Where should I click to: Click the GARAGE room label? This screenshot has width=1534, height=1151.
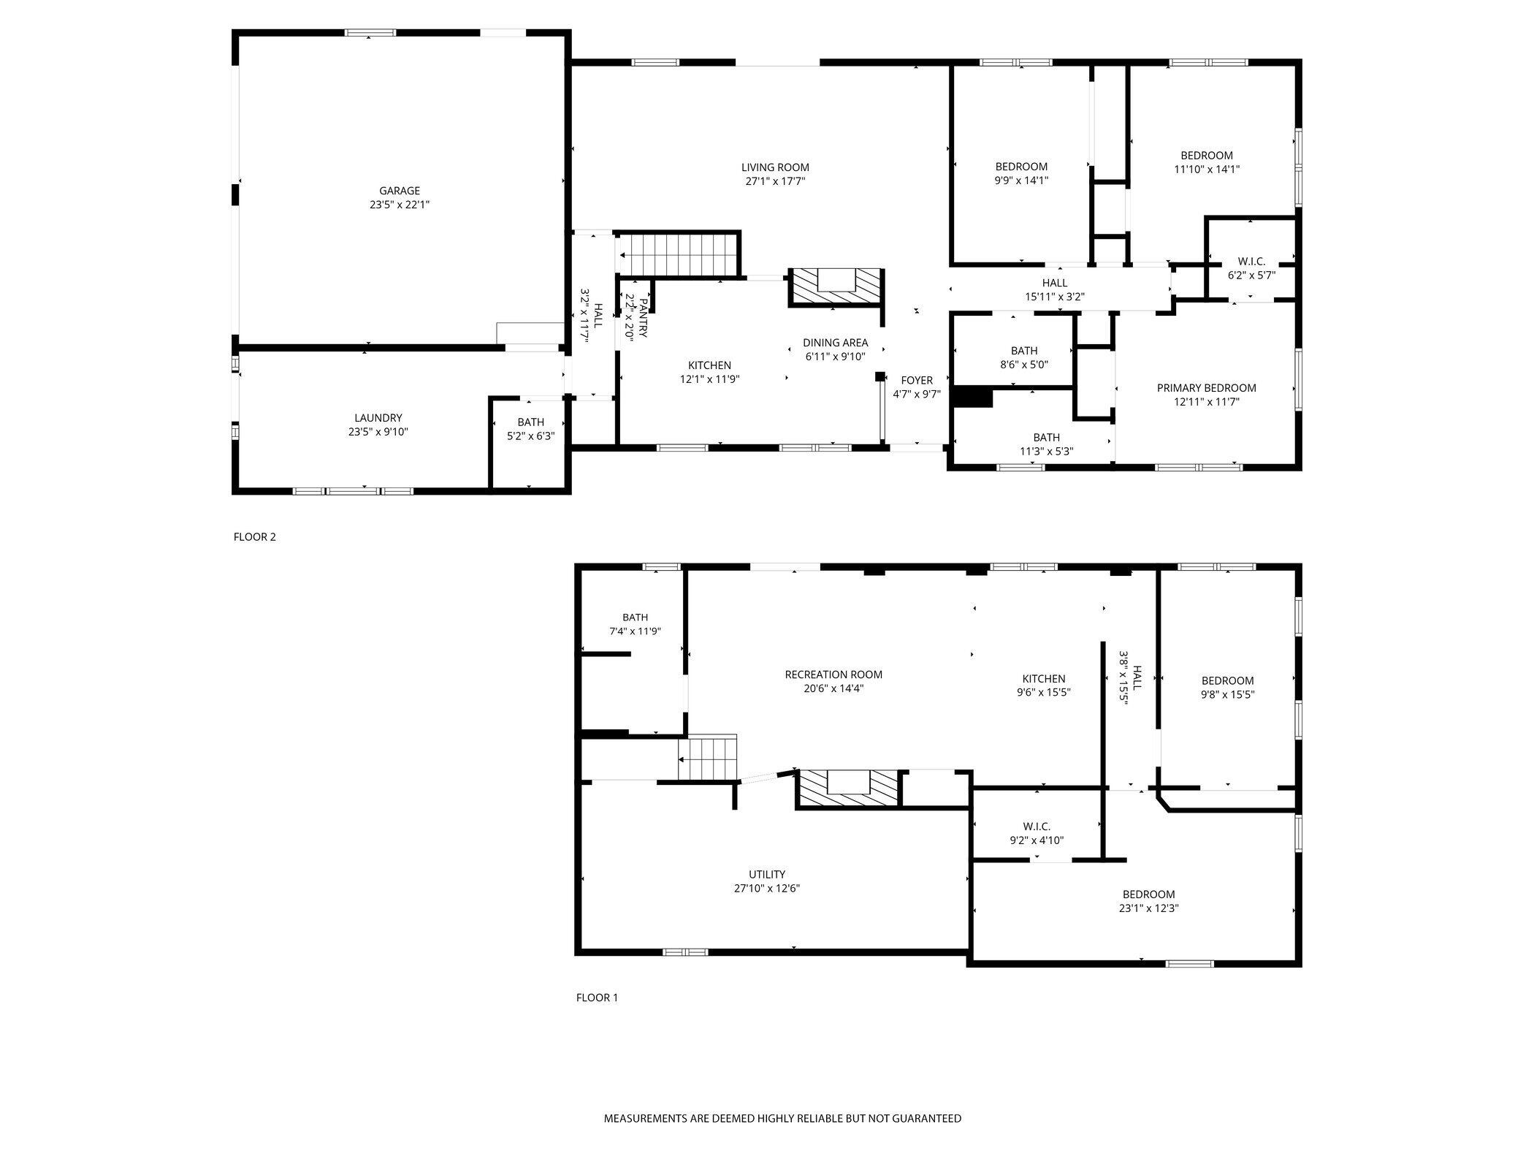(399, 191)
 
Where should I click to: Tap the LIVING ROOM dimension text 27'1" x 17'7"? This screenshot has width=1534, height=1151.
(775, 181)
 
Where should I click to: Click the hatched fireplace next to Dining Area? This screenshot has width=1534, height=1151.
(836, 287)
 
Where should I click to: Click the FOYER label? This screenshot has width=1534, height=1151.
(916, 380)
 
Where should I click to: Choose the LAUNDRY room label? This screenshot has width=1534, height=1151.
(378, 418)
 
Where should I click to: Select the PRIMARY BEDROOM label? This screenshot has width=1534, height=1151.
(1206, 388)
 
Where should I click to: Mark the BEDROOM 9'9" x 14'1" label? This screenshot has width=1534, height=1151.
(1021, 167)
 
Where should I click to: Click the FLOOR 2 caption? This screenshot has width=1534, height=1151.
(254, 536)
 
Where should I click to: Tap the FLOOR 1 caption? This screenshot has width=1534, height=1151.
(597, 997)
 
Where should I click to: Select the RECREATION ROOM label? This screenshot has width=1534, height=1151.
(833, 675)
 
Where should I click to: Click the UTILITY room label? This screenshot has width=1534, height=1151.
(766, 874)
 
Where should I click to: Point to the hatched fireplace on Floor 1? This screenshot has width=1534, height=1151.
(847, 789)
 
